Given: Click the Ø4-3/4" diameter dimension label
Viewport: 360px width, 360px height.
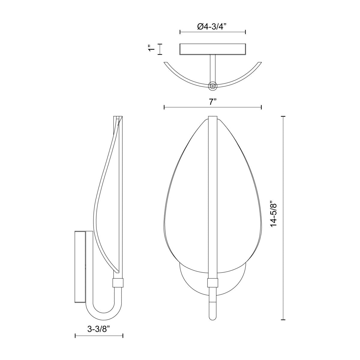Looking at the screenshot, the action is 212,27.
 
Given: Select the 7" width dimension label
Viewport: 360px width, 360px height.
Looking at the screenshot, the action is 213,102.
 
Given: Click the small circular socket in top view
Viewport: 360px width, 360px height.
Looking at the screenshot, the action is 212,86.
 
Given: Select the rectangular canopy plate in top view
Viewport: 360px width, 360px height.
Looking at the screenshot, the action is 213,49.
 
